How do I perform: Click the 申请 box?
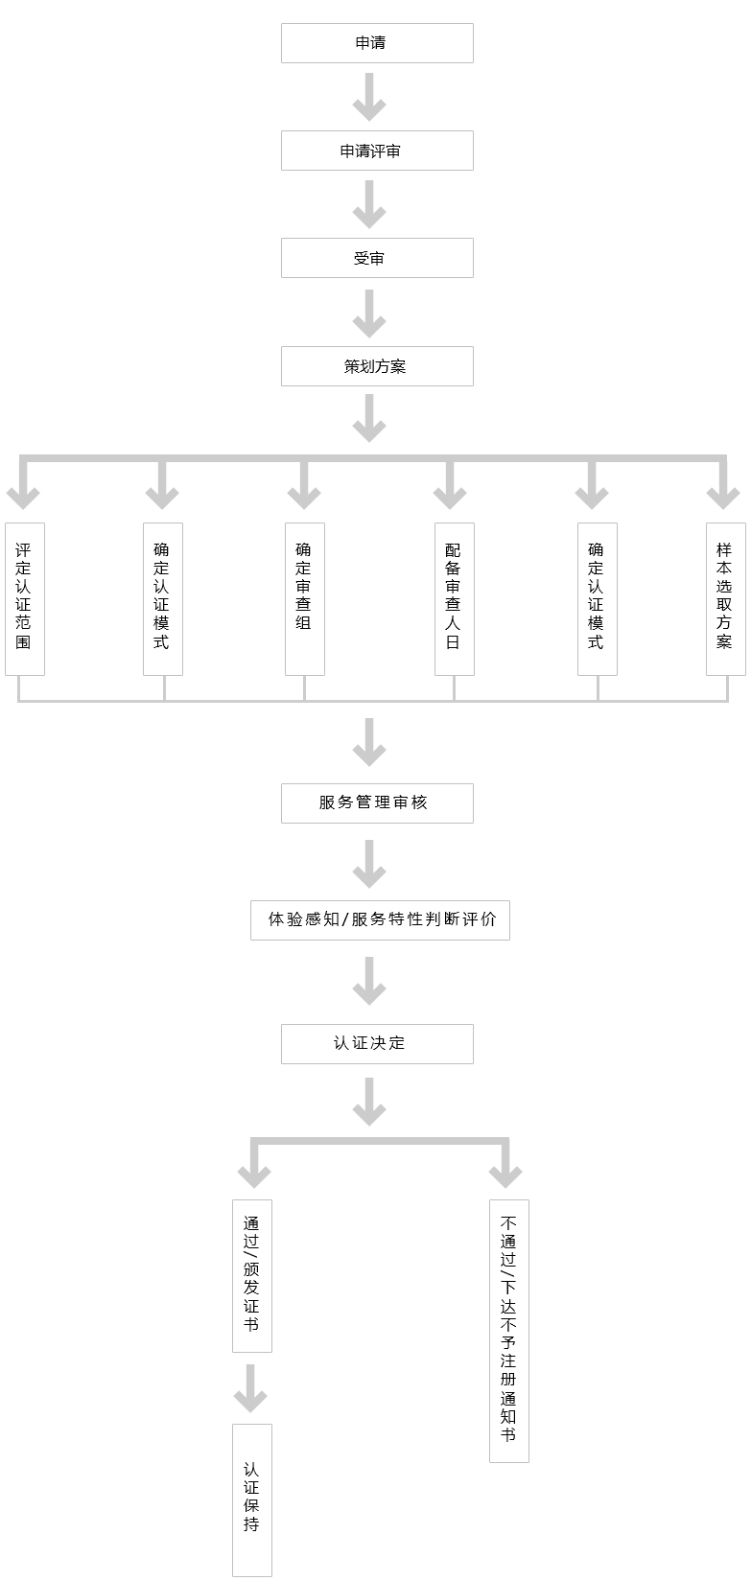377,43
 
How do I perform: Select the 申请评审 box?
377,151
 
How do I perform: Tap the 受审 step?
377,258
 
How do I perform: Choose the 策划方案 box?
377,366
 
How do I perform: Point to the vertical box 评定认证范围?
24,598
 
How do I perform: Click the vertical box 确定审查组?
304,598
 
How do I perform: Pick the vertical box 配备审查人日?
454,598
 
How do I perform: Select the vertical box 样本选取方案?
725,598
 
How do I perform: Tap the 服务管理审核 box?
377,802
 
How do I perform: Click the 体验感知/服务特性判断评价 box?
380,919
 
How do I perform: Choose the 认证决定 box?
377,1043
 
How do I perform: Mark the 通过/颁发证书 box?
251,1275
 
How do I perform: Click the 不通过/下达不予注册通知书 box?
508,1330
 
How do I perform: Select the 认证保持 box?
251,1500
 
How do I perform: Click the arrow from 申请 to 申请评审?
369,97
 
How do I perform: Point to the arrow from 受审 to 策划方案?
369,313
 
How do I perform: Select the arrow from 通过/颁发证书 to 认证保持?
250,1388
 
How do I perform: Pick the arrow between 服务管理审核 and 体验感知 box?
369,863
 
